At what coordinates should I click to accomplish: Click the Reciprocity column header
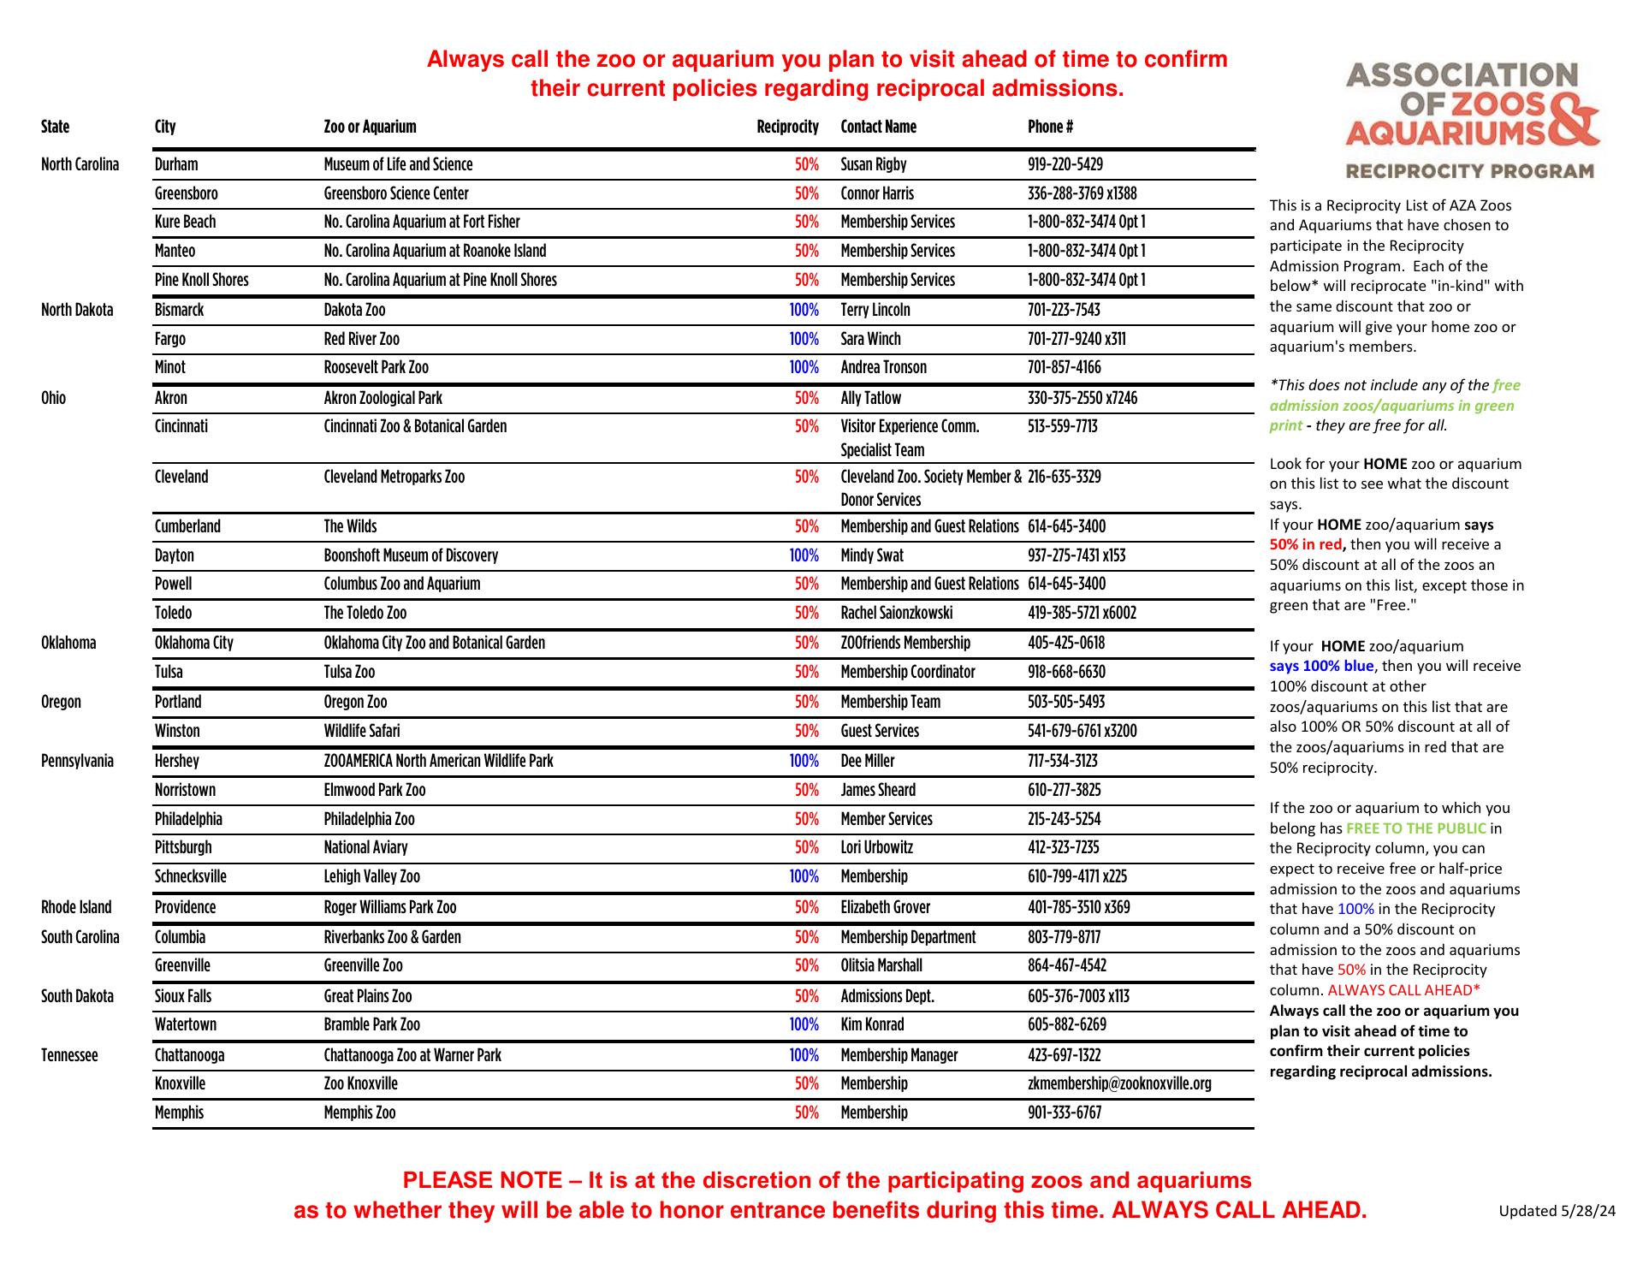point(787,128)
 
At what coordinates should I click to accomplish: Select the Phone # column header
point(1050,128)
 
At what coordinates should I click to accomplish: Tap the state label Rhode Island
point(76,907)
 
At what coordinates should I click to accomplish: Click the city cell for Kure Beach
point(185,223)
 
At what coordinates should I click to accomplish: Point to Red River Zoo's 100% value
point(804,339)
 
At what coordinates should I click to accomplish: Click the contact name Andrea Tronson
point(883,368)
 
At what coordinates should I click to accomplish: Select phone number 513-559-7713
point(1062,426)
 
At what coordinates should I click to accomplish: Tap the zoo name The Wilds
point(350,526)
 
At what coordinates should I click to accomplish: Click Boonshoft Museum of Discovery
point(411,555)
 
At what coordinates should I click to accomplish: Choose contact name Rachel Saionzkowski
point(896,613)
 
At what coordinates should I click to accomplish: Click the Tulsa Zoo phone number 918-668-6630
point(1066,672)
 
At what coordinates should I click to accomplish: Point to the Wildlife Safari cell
point(361,731)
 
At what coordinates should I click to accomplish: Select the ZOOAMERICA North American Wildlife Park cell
point(438,761)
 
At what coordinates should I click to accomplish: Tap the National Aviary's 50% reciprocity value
point(806,847)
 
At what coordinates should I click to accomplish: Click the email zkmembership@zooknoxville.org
point(1119,1083)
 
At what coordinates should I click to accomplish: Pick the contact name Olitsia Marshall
point(881,965)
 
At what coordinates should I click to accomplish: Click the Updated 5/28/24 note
point(1557,1210)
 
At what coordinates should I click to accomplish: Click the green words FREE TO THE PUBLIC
point(1415,828)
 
